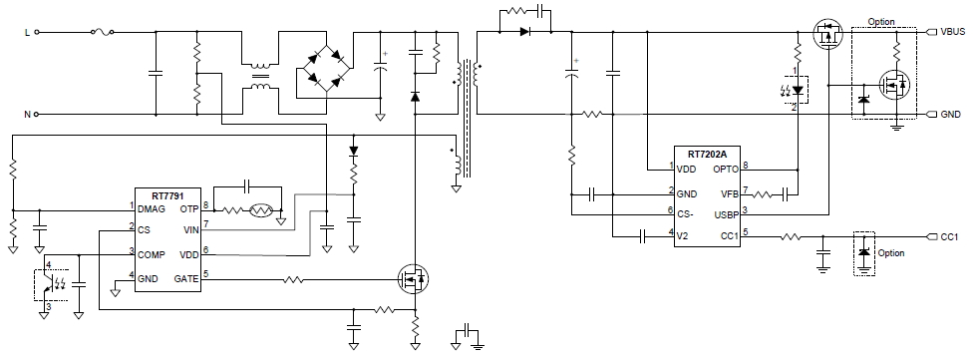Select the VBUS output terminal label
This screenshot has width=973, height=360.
point(951,31)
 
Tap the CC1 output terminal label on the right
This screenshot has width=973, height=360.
point(948,237)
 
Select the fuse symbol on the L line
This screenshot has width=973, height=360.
point(101,32)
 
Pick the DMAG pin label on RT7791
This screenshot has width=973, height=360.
point(153,209)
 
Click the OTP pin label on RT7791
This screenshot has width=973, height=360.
point(189,209)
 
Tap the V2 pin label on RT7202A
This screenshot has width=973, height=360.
point(685,235)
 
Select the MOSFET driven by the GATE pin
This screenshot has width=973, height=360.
point(413,280)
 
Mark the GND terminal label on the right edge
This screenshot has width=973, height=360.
point(949,115)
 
